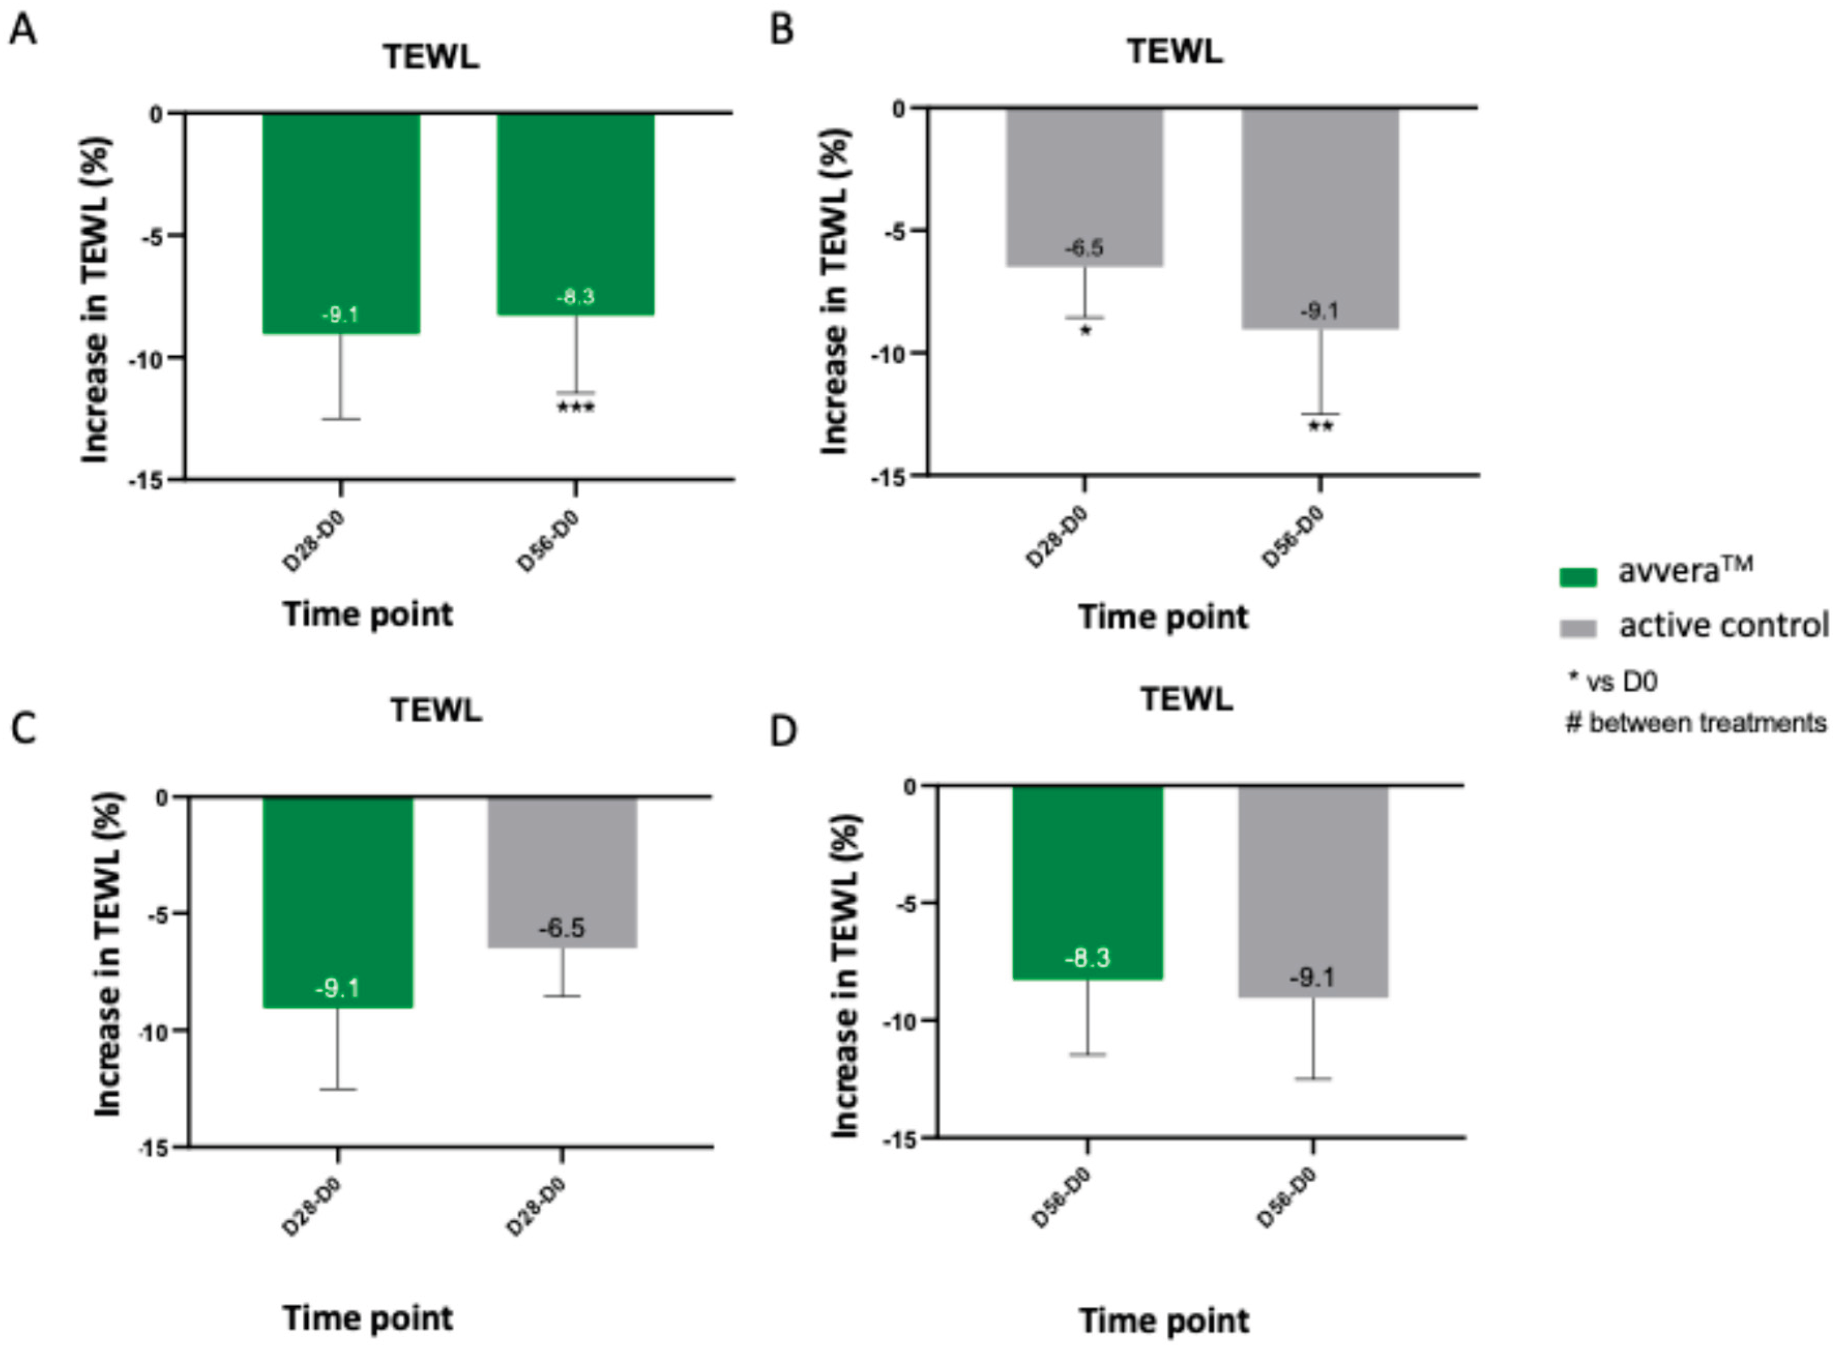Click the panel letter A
click(x=22, y=31)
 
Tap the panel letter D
click(x=783, y=730)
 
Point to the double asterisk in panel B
click(x=1319, y=427)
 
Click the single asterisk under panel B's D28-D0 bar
click(x=1085, y=331)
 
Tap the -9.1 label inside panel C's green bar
click(x=337, y=989)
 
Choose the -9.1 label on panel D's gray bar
click(x=1312, y=977)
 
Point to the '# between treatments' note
click(x=1695, y=723)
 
